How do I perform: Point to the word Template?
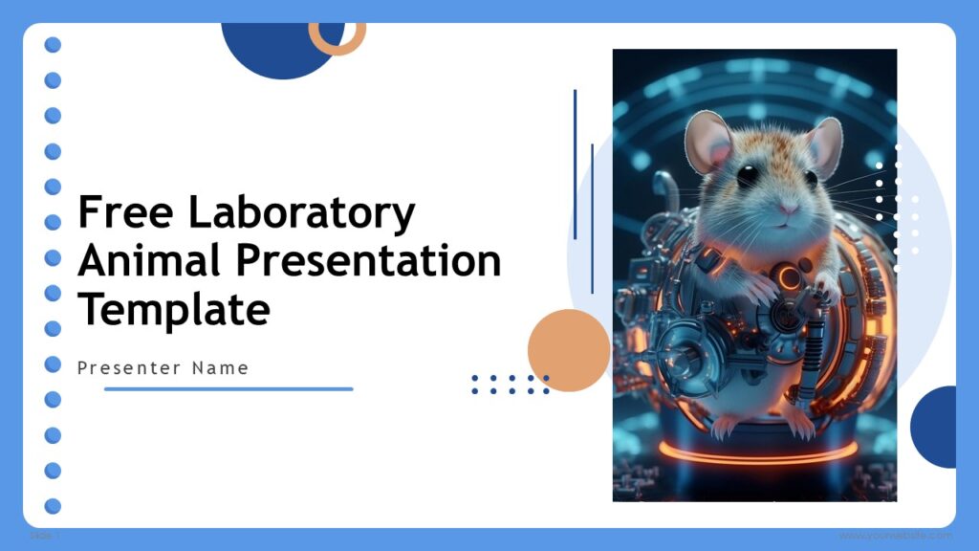pyautogui.click(x=173, y=309)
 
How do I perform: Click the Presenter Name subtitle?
pyautogui.click(x=163, y=367)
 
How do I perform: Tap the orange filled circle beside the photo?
pyautogui.click(x=568, y=350)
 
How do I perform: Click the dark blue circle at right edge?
pyautogui.click(x=938, y=427)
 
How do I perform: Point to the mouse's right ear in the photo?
pyautogui.click(x=824, y=142)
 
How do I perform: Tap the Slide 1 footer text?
pyautogui.click(x=44, y=536)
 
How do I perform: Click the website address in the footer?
pyautogui.click(x=895, y=536)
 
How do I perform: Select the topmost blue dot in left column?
pyautogui.click(x=53, y=45)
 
